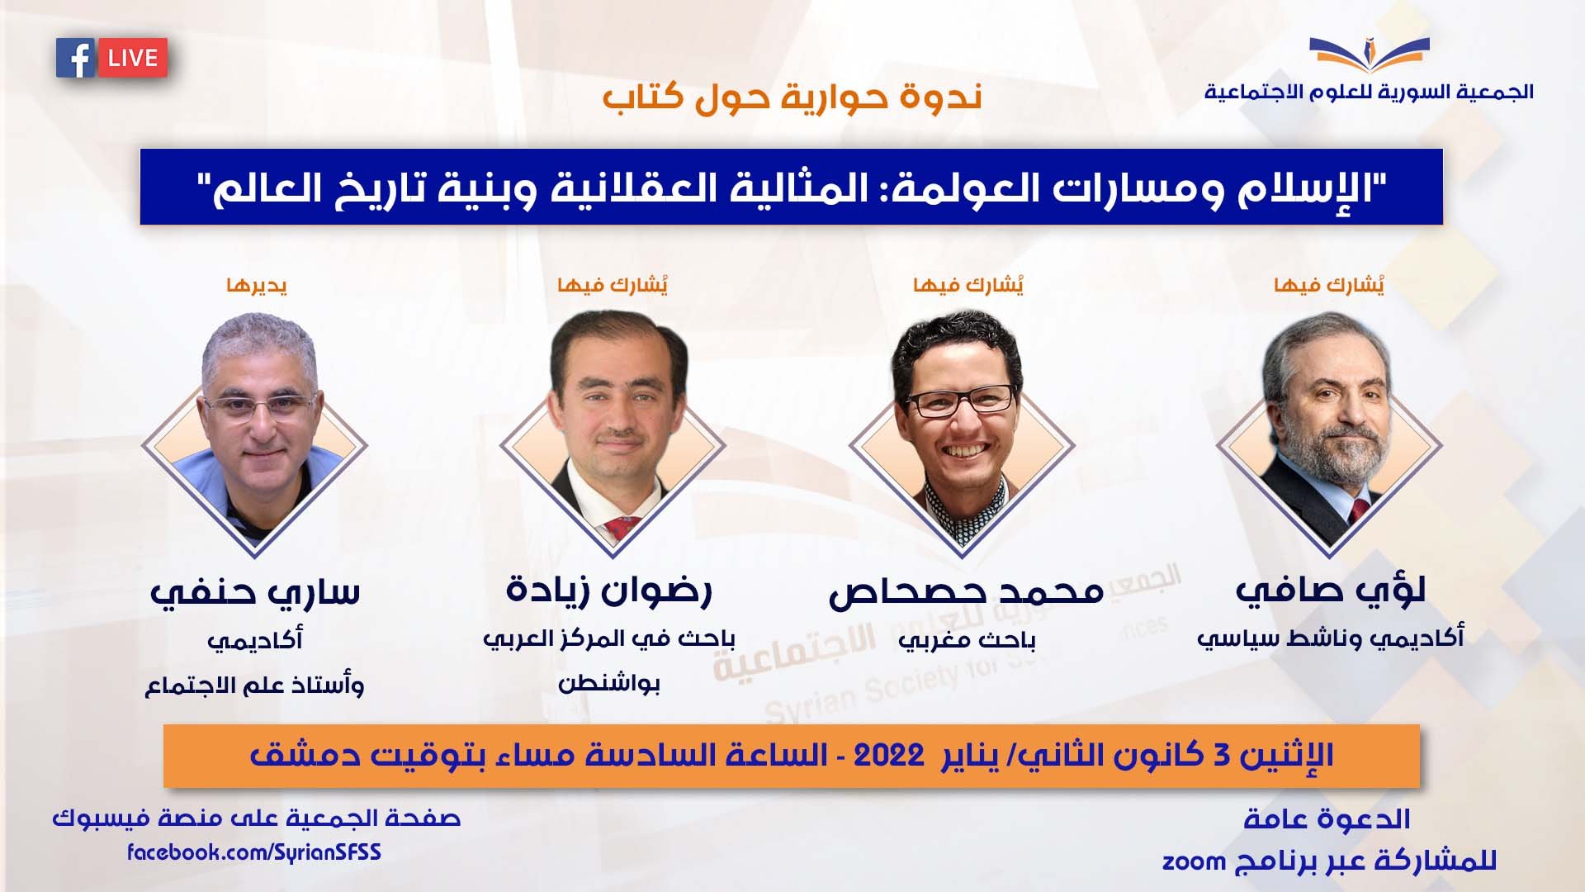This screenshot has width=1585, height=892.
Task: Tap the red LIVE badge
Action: point(133,58)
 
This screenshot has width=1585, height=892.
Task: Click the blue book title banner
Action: point(791,187)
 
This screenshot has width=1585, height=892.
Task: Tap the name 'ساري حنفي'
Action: point(254,592)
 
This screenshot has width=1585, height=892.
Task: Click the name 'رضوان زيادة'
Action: point(609,590)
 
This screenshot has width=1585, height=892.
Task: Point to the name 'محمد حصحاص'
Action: point(966,591)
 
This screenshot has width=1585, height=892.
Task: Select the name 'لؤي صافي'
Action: point(1331,590)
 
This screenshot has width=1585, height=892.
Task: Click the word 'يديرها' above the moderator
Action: point(257,286)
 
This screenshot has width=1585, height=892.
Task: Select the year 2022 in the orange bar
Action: point(888,755)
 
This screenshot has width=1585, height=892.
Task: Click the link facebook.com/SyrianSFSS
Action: point(254,852)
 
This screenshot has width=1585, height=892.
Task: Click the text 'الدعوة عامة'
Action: point(1327,818)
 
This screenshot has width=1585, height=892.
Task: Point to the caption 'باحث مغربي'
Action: point(967,640)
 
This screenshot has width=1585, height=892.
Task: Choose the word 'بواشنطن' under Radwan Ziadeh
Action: point(609,683)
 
